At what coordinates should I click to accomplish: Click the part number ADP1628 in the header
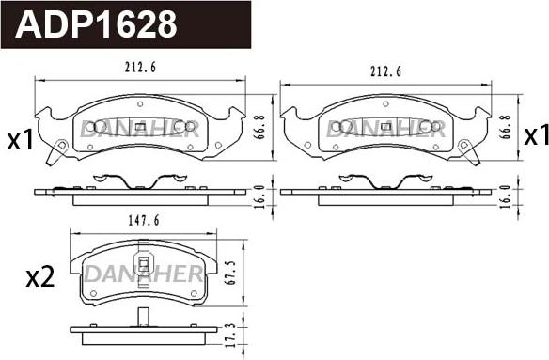tap(96, 23)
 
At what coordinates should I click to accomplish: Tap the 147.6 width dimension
tap(144, 221)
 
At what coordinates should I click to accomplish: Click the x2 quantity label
tap(39, 276)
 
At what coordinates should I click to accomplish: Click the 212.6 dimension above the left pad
tap(140, 68)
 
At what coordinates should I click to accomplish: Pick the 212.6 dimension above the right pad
tap(385, 71)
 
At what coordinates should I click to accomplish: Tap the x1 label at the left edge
tap(20, 139)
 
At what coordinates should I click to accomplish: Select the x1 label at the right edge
tap(536, 135)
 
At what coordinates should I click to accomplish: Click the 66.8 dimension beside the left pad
tap(260, 127)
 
